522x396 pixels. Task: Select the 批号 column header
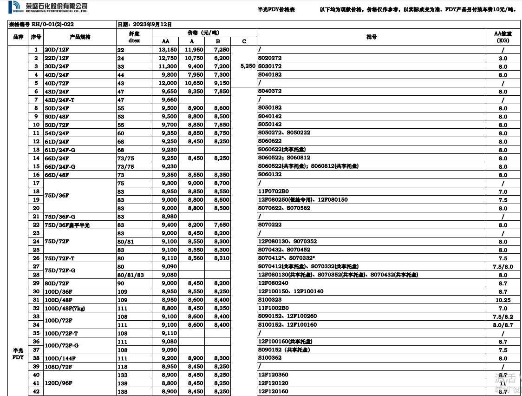pos(372,37)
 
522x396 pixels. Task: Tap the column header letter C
pos(244,41)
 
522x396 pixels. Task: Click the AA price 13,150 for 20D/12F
pos(168,50)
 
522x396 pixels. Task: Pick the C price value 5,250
pos(248,66)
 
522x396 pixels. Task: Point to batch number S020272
pos(270,58)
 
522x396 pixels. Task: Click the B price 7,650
pos(222,225)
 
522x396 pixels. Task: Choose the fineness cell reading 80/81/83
pos(130,275)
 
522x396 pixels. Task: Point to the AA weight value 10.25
pos(503,300)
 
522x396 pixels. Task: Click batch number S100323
pos(270,300)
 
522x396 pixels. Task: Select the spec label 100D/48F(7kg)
pos(65,309)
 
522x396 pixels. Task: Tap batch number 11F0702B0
pos(274,191)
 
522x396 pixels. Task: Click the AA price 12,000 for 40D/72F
pos(168,83)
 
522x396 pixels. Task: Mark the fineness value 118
pos(121,367)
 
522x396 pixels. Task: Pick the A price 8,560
pos(195,258)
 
